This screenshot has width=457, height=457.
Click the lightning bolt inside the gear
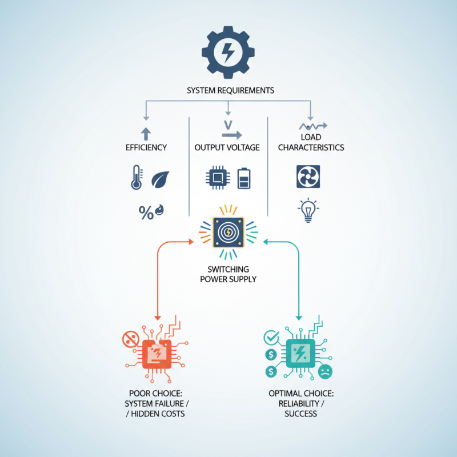point(228,53)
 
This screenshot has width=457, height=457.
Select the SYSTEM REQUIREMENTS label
point(230,90)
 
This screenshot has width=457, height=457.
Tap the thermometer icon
point(137,177)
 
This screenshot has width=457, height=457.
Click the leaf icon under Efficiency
point(160,179)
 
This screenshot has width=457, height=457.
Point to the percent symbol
point(146,213)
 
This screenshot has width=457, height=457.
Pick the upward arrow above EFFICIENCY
point(146,134)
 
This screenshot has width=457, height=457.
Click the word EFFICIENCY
point(146,147)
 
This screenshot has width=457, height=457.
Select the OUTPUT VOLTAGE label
point(227,147)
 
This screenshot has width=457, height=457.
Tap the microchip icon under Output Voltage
point(218,178)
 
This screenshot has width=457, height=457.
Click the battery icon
point(244,178)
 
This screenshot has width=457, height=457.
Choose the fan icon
point(308,177)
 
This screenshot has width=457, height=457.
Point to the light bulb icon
point(308,210)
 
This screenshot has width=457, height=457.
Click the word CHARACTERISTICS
point(311,147)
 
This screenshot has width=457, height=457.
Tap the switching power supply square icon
point(228,232)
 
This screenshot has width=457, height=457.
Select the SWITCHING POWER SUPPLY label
point(228,274)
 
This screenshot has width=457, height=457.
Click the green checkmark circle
point(271,338)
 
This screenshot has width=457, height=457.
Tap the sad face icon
point(325,372)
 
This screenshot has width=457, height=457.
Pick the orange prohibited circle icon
point(131,339)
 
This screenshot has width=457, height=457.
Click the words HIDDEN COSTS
point(158,414)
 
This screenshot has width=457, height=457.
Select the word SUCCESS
point(301,414)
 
